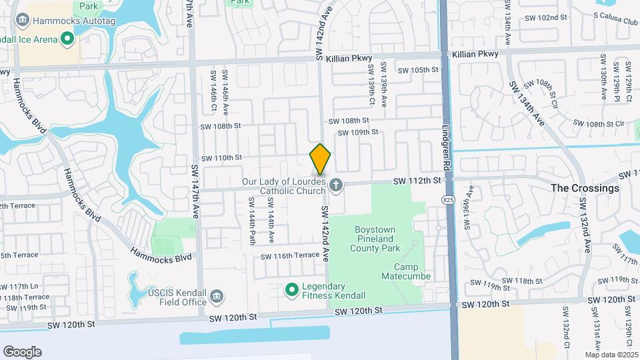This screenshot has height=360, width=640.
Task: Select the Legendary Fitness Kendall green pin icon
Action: coord(291,289)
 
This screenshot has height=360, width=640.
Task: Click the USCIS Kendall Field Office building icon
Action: coord(217,295)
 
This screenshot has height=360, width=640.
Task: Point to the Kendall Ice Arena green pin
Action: coord(67,39)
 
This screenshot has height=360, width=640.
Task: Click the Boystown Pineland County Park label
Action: coord(375,239)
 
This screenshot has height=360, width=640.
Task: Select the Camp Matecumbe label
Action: coord(406,271)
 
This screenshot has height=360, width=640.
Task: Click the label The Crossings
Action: coord(585,188)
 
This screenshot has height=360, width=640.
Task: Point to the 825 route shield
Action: coord(447,199)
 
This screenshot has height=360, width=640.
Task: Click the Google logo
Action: coord(22,351)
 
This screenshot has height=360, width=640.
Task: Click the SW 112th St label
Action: coord(417,181)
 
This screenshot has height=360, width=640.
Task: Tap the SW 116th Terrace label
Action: coord(290,256)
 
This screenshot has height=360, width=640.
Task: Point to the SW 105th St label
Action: coord(418,70)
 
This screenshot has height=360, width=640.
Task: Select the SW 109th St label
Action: coord(357,133)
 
